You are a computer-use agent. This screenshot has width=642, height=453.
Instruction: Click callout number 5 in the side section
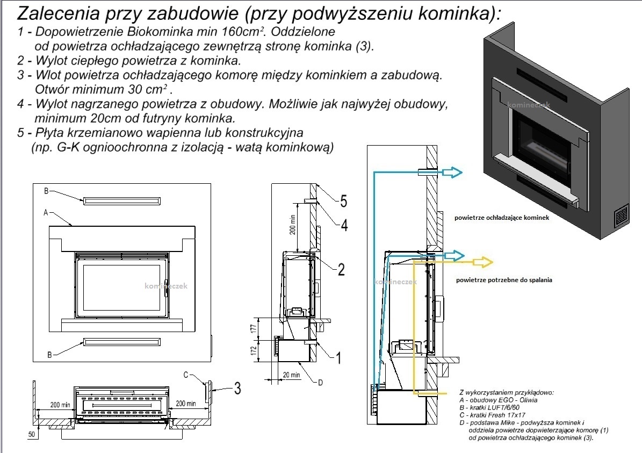343,202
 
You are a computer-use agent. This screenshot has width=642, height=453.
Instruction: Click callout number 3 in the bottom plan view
237,388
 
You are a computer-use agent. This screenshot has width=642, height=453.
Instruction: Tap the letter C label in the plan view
185,375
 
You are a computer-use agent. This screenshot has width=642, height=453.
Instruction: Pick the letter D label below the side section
320,383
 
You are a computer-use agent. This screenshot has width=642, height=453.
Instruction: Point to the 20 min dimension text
291,375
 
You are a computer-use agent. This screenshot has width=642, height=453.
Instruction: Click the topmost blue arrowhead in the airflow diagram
455,172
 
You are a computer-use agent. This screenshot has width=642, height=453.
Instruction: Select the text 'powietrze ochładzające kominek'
501,219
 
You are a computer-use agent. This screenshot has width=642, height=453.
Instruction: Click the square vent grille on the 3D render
622,217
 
